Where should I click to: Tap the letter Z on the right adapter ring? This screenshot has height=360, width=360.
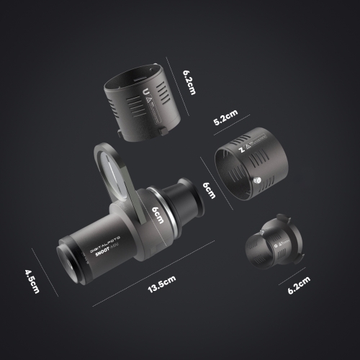(240, 151)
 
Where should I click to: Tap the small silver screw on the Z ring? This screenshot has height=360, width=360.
(258, 180)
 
